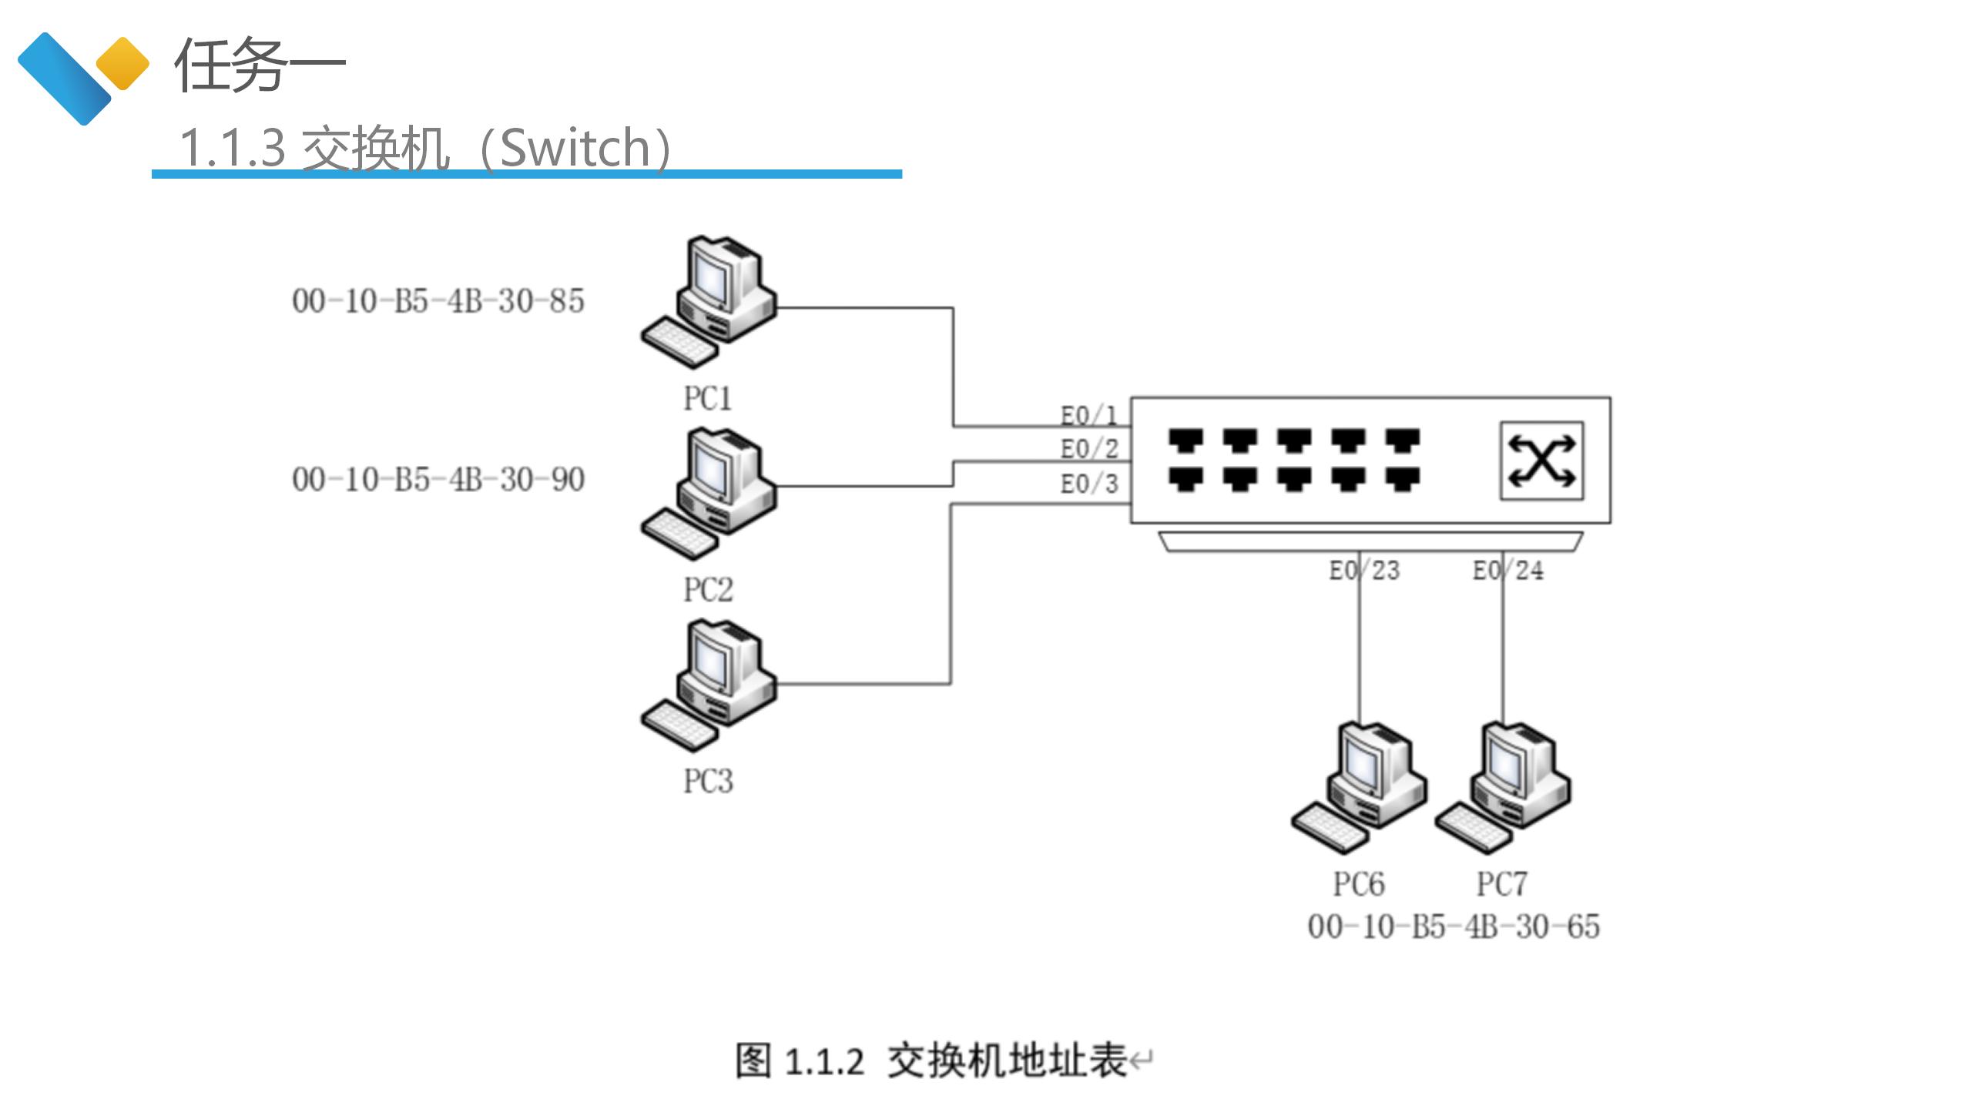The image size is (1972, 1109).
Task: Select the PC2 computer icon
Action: (x=709, y=494)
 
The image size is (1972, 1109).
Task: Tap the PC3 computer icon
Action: (x=709, y=685)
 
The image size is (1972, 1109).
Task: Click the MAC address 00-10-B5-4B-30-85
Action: (x=438, y=301)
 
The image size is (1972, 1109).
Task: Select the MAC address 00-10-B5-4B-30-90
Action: (x=438, y=480)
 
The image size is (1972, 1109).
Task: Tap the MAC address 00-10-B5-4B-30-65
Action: (x=1454, y=926)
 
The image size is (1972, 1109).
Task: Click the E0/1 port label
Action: (x=1088, y=416)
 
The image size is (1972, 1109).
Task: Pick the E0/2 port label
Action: (x=1088, y=449)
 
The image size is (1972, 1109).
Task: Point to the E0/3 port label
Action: (x=1088, y=484)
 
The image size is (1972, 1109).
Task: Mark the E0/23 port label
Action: (x=1364, y=571)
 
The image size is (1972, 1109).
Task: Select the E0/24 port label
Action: (x=1508, y=571)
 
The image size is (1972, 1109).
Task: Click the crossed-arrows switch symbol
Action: (x=1541, y=461)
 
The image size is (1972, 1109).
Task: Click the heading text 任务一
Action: (x=260, y=65)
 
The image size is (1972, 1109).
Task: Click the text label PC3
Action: (x=708, y=781)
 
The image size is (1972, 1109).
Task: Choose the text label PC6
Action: (x=1359, y=884)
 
